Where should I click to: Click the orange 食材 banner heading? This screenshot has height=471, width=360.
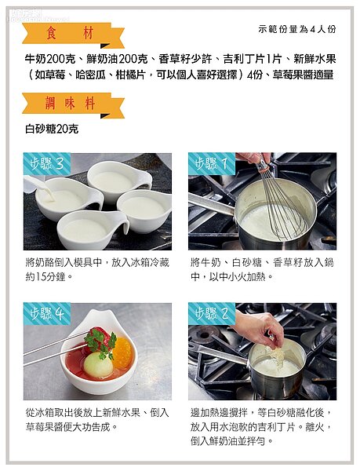click(73, 35)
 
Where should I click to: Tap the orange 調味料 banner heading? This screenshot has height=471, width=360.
click(73, 105)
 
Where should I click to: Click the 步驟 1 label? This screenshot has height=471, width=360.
click(212, 164)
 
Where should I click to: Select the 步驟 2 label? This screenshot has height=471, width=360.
click(212, 314)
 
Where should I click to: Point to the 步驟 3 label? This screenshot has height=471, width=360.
click(47, 164)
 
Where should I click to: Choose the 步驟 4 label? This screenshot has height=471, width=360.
click(47, 314)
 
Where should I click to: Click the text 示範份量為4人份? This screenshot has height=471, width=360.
click(297, 29)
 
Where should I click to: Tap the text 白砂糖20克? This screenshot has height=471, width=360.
click(52, 130)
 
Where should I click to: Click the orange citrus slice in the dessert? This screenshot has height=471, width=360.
click(122, 353)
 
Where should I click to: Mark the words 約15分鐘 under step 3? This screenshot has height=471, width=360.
click(45, 276)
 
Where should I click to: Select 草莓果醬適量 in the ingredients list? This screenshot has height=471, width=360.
click(303, 75)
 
